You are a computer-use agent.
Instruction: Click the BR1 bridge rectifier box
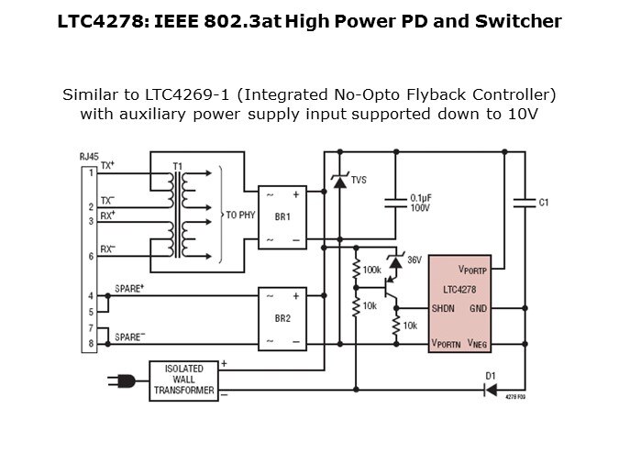coord(282,216)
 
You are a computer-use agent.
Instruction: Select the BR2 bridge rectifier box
coord(282,319)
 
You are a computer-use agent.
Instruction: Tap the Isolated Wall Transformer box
coord(183,380)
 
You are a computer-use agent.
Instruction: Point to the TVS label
coord(359,181)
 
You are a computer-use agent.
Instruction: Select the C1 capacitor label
coord(543,202)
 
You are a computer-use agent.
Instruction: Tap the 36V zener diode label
coord(415,260)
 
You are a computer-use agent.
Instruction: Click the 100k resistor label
coord(372,271)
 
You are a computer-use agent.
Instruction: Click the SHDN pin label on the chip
coord(445,308)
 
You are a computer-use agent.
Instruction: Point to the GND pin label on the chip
coord(478,308)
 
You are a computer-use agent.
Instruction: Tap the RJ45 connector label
coord(90,158)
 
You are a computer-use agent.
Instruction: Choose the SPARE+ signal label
coord(130,287)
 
